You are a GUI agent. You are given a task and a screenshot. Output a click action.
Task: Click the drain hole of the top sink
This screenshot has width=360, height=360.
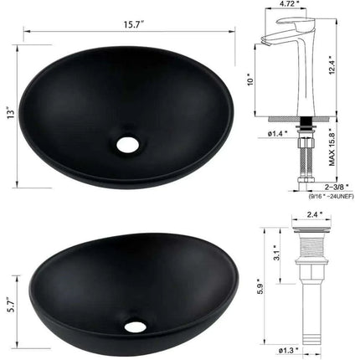128,143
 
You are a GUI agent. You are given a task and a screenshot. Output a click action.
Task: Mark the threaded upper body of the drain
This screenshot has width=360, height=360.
312,255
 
